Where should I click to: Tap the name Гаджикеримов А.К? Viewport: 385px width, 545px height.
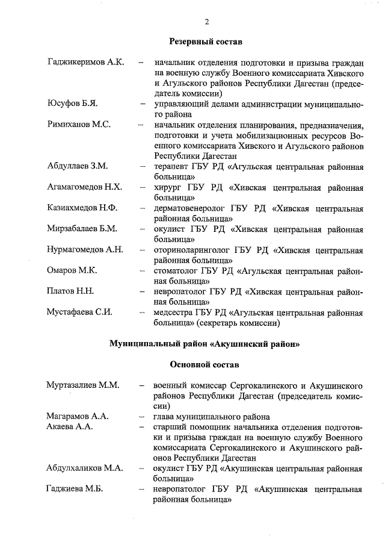[x=85, y=62]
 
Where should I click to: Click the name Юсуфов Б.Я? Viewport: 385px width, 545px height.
[x=72, y=104]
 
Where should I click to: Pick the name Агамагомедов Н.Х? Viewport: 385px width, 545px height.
[x=85, y=187]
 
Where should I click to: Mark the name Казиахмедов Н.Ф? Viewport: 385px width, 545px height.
[x=82, y=208]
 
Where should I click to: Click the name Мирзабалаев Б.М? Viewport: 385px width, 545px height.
[x=82, y=229]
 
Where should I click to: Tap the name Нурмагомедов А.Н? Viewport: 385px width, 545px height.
[x=85, y=249]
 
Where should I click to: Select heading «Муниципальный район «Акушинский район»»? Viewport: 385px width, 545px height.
[x=205, y=344]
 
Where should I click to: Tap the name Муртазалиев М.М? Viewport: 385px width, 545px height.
[x=83, y=385]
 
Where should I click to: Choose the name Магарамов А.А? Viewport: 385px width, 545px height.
[x=77, y=416]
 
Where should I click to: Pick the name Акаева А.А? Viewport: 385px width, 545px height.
[x=70, y=426]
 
